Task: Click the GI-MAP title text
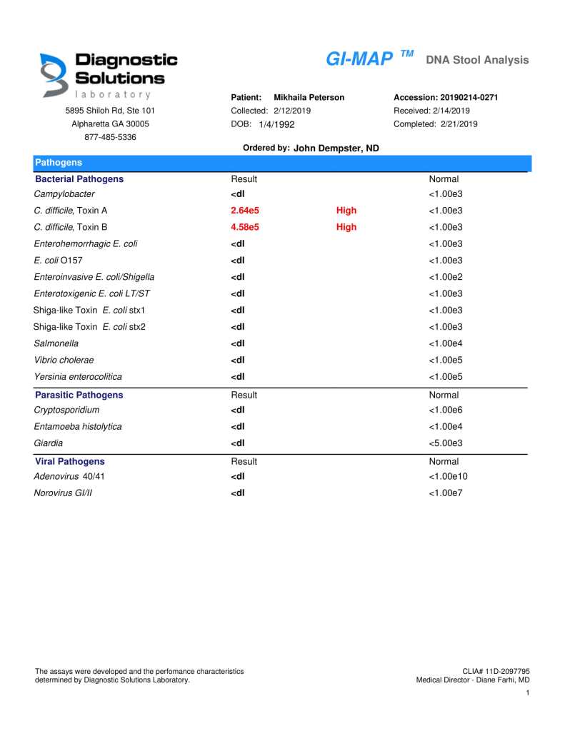click(x=359, y=59)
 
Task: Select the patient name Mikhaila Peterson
click(x=309, y=97)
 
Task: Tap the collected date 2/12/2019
click(x=291, y=111)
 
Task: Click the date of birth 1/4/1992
click(x=276, y=124)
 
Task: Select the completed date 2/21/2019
click(x=459, y=124)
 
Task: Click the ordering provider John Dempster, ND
click(x=336, y=148)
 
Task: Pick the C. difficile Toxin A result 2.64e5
click(x=245, y=211)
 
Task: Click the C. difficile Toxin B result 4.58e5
click(x=245, y=227)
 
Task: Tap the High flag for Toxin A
click(x=346, y=211)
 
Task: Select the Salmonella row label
click(x=56, y=343)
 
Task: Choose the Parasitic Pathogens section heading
click(x=79, y=395)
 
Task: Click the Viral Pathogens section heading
click(x=70, y=462)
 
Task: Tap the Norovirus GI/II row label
click(x=63, y=493)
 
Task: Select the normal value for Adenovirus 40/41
click(x=448, y=476)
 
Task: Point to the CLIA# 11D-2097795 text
click(x=496, y=672)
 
